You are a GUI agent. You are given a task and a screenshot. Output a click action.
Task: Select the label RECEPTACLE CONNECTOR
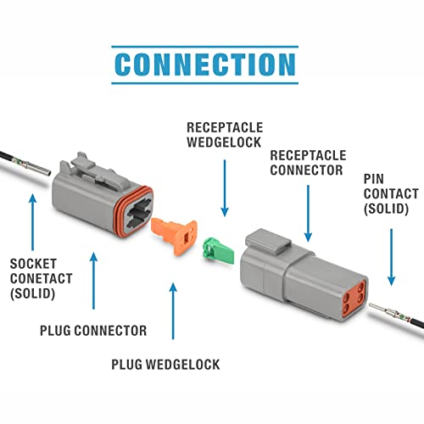(306, 162)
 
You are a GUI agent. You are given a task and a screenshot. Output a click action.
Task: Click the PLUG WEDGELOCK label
(165, 365)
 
